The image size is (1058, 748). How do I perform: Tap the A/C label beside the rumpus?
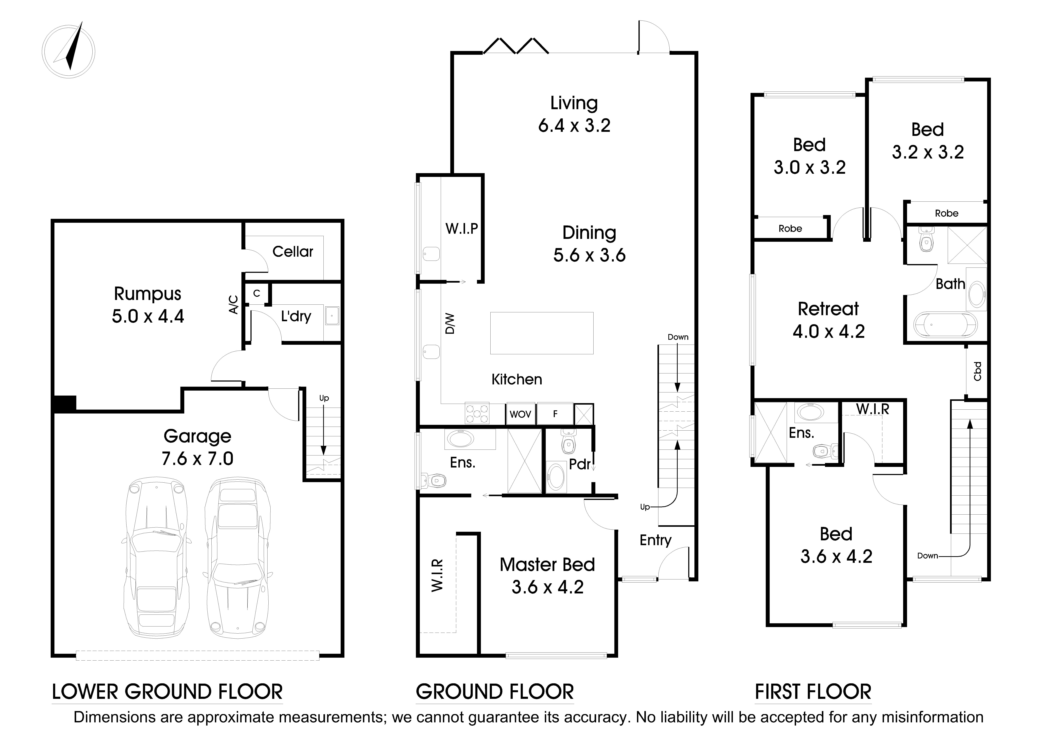pyautogui.click(x=234, y=305)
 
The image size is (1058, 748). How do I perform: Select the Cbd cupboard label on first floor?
pyautogui.click(x=977, y=371)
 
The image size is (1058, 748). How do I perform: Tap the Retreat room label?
pyautogui.click(x=828, y=309)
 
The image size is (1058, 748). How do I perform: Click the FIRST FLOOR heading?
pyautogui.click(x=813, y=692)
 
